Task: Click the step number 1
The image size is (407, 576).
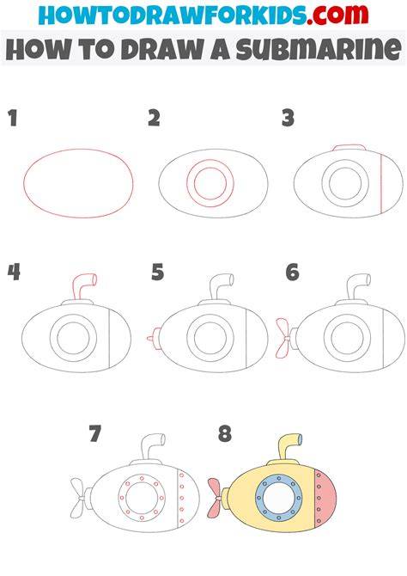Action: coord(13,119)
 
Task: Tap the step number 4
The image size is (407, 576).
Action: coord(14,273)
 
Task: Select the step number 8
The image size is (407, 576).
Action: coord(225,433)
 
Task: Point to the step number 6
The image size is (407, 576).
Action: coord(292,273)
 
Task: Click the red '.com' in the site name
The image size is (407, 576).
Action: coord(337,15)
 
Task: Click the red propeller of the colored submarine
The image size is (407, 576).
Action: coord(215,498)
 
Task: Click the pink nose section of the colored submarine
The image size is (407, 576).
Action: coord(325,498)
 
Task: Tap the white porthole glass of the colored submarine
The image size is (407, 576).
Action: coord(278,498)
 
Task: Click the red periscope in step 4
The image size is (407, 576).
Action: coord(84,285)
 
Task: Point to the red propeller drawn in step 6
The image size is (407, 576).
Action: coord(282,339)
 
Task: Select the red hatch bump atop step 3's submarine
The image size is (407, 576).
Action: coord(349,147)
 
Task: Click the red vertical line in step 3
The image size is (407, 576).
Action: coord(381,183)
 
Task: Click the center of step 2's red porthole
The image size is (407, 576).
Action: coord(210,183)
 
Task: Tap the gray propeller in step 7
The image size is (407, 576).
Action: coord(78,498)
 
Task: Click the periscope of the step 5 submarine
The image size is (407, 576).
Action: coord(221,287)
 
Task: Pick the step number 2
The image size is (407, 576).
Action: coord(154,119)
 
